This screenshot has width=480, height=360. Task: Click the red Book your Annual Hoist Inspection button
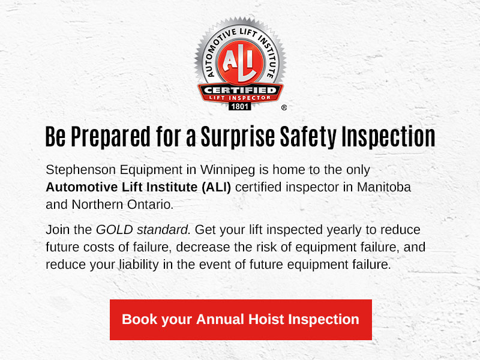pos(241,320)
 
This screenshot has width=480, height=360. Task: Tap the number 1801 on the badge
pos(239,107)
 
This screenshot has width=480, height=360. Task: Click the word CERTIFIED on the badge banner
pos(240,90)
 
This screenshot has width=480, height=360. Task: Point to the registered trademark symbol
pos(284,107)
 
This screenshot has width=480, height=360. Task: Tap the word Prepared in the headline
pos(111,137)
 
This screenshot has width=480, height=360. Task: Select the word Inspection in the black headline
pos(388,136)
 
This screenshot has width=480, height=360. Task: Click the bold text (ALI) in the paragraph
pos(216,187)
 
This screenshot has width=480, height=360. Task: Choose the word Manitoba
pos(384,187)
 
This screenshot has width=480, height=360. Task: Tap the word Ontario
pos(150,205)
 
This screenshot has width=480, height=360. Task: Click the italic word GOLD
pos(115,230)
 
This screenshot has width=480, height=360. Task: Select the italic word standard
pos(163,230)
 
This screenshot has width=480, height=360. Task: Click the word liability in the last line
pos(139,265)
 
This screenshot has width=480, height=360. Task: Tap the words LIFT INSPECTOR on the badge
pos(240,98)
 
